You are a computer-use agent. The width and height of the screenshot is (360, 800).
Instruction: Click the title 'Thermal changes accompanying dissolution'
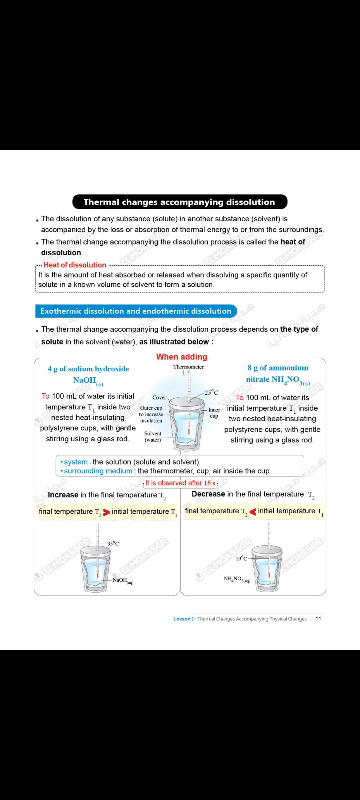click(179, 202)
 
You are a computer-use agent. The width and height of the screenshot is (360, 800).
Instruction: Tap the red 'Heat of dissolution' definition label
click(75, 265)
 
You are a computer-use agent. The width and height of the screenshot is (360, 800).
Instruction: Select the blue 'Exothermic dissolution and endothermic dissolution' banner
click(136, 311)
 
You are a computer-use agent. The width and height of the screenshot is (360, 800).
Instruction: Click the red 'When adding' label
click(182, 357)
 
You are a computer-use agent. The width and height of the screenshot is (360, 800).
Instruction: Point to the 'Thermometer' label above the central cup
click(188, 367)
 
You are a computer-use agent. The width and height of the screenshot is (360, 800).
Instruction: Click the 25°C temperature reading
click(211, 392)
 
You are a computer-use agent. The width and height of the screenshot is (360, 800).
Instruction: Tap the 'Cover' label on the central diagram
click(159, 397)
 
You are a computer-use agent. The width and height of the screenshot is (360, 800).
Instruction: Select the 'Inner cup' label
click(214, 413)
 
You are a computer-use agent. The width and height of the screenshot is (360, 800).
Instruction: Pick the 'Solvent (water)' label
click(153, 437)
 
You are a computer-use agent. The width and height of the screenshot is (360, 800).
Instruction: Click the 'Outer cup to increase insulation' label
click(151, 414)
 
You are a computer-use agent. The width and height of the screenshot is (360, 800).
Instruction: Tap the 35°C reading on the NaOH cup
click(113, 543)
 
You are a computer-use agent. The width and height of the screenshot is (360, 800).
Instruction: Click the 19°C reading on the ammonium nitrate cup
click(241, 558)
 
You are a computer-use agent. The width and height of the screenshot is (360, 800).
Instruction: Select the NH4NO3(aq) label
click(237, 579)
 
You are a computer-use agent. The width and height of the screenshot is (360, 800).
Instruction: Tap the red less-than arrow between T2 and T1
click(253, 512)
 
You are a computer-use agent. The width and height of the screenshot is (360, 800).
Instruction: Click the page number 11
click(318, 619)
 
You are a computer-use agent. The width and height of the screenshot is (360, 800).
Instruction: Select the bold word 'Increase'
click(63, 495)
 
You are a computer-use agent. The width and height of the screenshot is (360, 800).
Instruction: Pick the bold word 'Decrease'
click(208, 494)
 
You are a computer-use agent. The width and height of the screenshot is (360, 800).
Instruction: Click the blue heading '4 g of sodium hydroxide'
click(88, 369)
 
